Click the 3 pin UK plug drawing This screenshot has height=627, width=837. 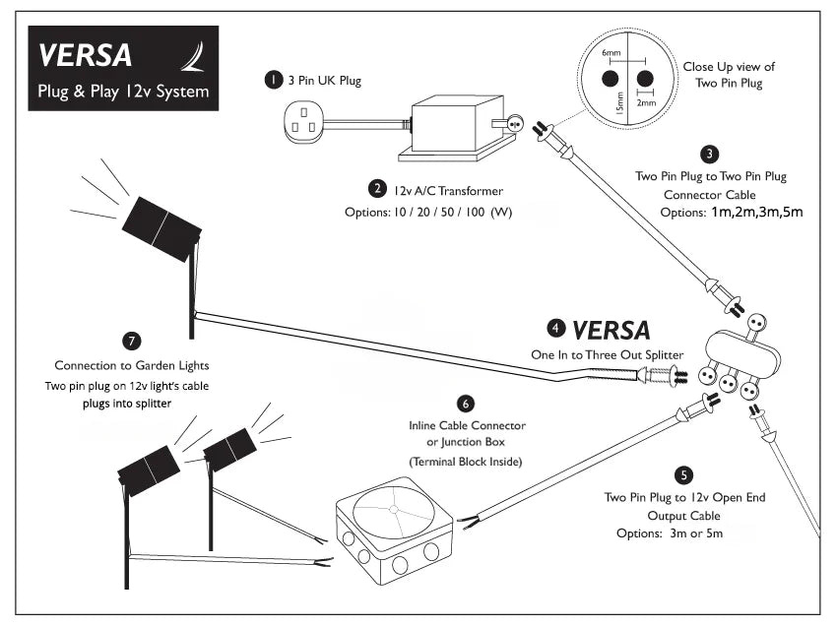(302, 124)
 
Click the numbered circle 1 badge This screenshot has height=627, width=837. (272, 81)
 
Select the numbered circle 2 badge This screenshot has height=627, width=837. (376, 188)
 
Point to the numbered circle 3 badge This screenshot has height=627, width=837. (710, 154)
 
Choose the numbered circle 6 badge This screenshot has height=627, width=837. (467, 403)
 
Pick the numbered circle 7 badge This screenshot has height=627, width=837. (132, 341)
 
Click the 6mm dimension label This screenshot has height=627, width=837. (612, 52)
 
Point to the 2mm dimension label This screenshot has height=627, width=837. (646, 101)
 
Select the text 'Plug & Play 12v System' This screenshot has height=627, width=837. (117, 94)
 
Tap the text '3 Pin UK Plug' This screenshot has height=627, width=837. (324, 81)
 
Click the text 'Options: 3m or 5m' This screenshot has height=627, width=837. (684, 533)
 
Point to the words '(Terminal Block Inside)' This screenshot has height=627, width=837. (467, 461)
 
